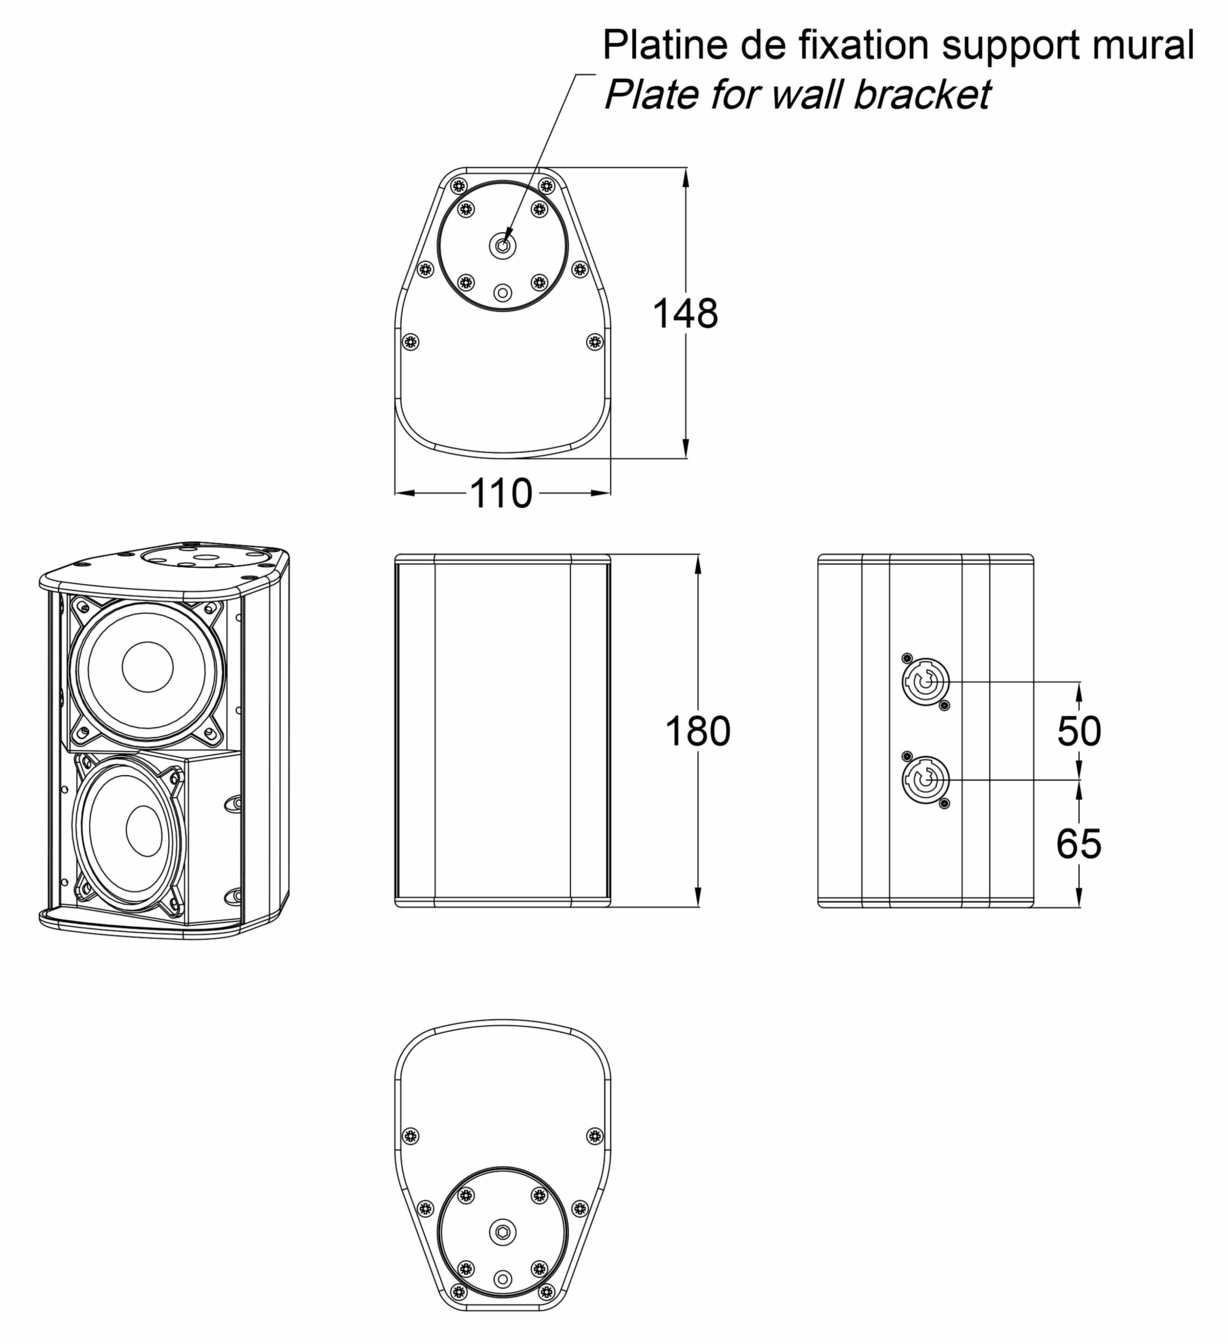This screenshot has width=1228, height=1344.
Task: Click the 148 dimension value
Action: (684, 314)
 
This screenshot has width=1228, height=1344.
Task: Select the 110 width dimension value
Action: (501, 494)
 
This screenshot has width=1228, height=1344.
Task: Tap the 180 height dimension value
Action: (697, 731)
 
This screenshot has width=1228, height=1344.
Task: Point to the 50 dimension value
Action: (1079, 731)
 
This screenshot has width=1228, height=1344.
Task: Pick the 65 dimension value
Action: (1079, 844)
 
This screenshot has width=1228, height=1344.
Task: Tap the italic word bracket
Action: (922, 94)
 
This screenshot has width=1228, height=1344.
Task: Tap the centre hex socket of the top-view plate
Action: (503, 245)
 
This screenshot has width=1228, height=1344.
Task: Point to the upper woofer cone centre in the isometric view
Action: (147, 667)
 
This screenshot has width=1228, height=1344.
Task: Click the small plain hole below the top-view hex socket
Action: (503, 292)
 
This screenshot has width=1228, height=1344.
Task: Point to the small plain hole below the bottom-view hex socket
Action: (503, 1278)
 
